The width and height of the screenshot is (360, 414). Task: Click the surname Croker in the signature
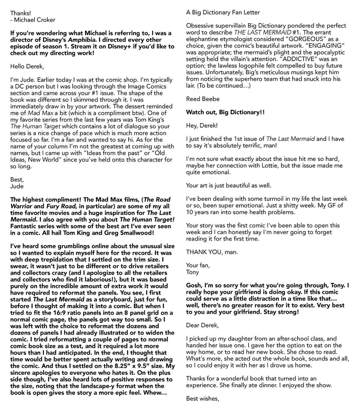click(45, 20)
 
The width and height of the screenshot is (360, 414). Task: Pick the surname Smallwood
click(138, 233)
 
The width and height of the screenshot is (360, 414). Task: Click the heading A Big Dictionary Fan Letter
click(223, 12)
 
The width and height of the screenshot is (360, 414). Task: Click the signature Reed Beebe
click(203, 99)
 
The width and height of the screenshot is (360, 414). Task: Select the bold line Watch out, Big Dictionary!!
click(225, 112)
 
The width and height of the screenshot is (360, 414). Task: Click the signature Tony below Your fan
click(193, 272)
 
